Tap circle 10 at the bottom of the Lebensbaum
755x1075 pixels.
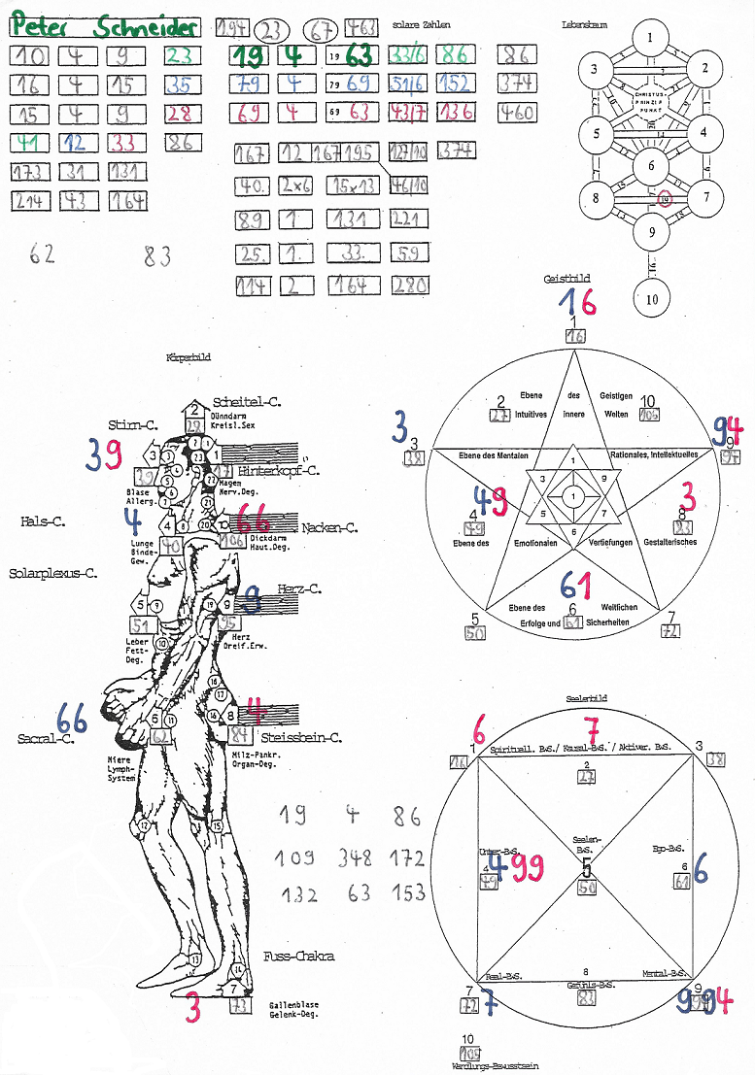651,298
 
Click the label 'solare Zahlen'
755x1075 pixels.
423,23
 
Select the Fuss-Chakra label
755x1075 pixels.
298,957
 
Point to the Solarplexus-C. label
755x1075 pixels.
52,573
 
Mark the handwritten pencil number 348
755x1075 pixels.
355,858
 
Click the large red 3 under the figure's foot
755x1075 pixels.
193,1009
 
